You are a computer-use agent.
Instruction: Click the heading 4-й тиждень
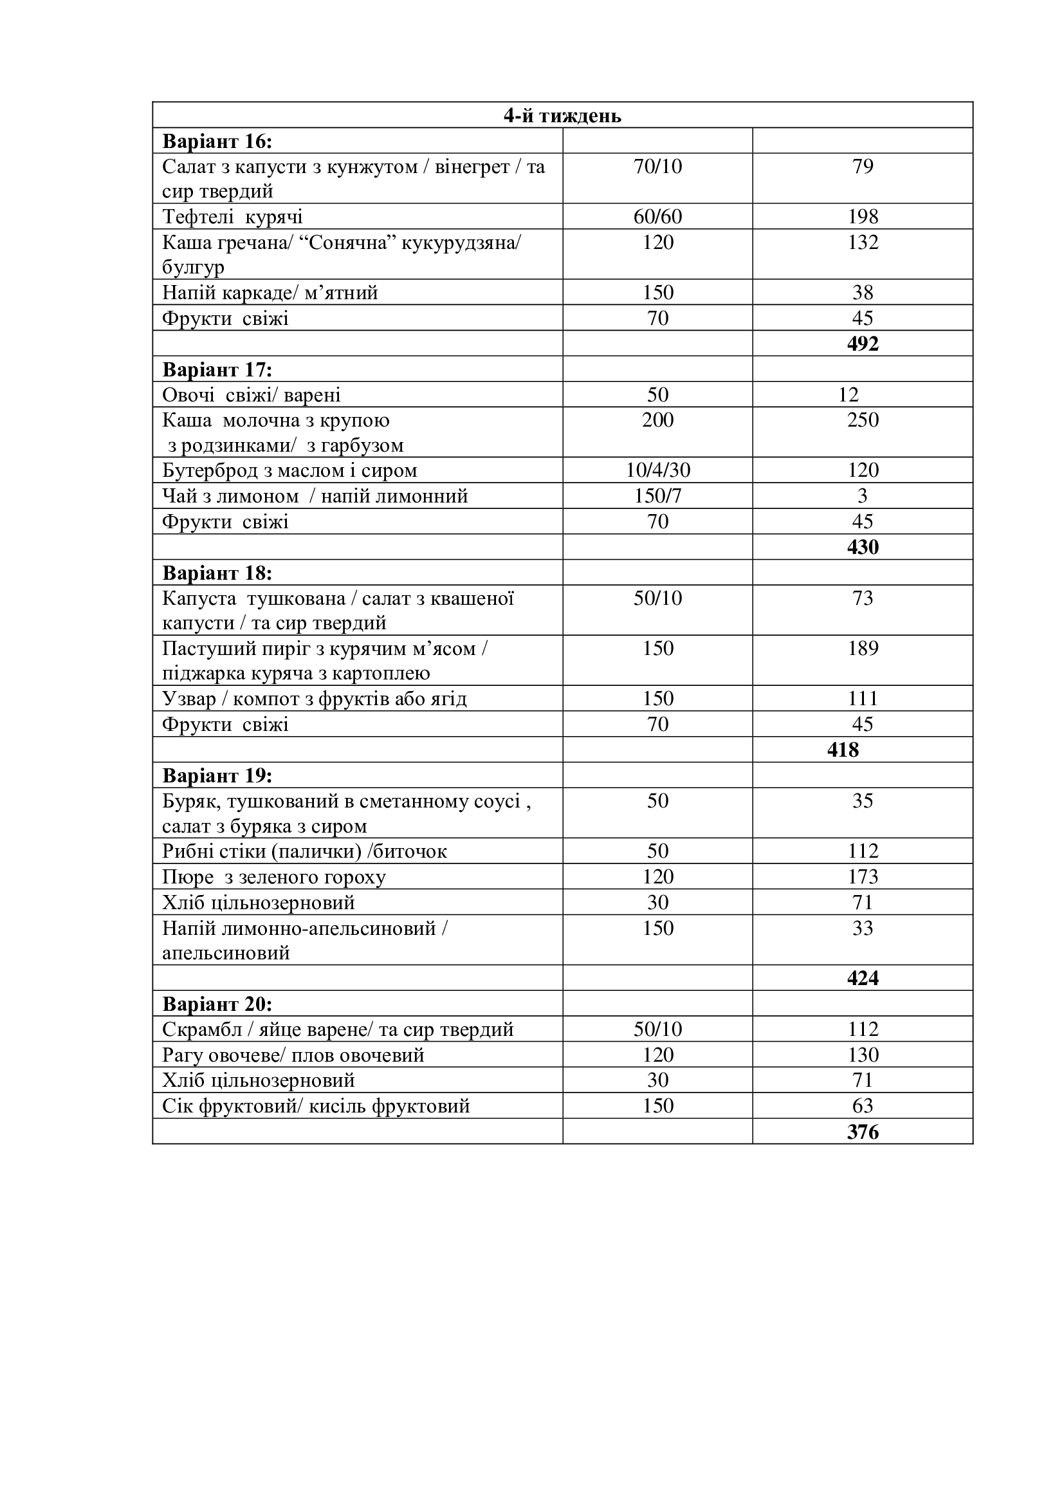coord(562,116)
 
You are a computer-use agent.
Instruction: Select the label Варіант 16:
coord(217,142)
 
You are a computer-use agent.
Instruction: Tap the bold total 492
coord(862,344)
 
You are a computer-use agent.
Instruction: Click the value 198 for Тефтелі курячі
coord(862,217)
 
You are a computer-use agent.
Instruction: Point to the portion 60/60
coord(657,217)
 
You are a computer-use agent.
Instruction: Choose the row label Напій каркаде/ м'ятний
coord(270,293)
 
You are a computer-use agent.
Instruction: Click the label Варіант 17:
coord(217,371)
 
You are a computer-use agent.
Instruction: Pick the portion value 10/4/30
coord(657,470)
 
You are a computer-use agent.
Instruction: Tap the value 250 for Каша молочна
coord(862,420)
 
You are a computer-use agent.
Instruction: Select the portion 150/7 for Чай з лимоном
coord(657,496)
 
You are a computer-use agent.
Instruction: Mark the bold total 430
coord(862,548)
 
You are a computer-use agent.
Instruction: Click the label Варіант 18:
coord(217,573)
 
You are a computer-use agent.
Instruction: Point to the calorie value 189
coord(862,649)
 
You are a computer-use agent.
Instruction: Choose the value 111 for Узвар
coord(862,699)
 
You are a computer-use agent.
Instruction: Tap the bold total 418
coord(843,750)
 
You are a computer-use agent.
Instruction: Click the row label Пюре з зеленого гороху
coord(274,877)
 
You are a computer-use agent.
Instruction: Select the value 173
coord(862,877)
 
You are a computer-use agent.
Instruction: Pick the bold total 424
coord(862,979)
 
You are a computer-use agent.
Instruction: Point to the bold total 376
coord(862,1132)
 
